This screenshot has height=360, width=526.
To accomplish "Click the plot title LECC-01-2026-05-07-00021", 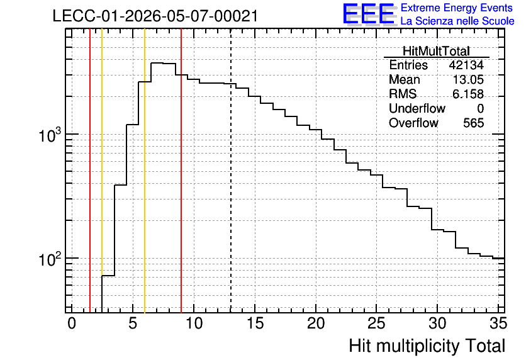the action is pyautogui.click(x=155, y=16).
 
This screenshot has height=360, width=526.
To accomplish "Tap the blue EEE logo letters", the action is pyautogui.click(x=369, y=14).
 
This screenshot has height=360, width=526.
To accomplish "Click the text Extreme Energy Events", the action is pyautogui.click(x=457, y=8).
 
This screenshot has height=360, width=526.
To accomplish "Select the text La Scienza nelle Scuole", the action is pyautogui.click(x=457, y=21).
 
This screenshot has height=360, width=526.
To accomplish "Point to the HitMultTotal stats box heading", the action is pyautogui.click(x=436, y=51).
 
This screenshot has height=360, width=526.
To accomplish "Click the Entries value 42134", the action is pyautogui.click(x=466, y=65).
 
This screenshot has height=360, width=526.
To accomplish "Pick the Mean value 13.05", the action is pyautogui.click(x=468, y=80).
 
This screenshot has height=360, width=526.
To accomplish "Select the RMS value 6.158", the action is pyautogui.click(x=468, y=94).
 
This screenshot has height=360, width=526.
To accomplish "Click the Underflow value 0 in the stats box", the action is pyautogui.click(x=480, y=109).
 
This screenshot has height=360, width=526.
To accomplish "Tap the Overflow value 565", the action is pyautogui.click(x=474, y=123).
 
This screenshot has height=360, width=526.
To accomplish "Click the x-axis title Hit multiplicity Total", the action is pyautogui.click(x=427, y=346).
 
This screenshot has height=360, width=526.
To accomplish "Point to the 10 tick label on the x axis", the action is pyautogui.click(x=194, y=323).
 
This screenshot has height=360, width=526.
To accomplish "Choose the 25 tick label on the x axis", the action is pyautogui.click(x=376, y=323).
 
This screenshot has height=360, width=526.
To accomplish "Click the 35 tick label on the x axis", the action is pyautogui.click(x=498, y=323).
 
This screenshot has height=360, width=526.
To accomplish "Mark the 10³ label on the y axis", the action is pyautogui.click(x=50, y=135).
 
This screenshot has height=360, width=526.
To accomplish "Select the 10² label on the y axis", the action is pyautogui.click(x=50, y=259).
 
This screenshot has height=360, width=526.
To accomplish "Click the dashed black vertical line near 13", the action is pyautogui.click(x=231, y=171).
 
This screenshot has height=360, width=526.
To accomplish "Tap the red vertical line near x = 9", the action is pyautogui.click(x=181, y=171).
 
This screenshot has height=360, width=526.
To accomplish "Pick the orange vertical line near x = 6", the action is pyautogui.click(x=145, y=171).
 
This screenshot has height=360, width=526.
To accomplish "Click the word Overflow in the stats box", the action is pyautogui.click(x=413, y=123).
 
